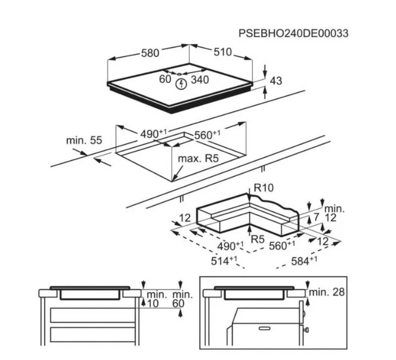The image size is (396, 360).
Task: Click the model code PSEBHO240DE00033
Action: pyautogui.click(x=294, y=33)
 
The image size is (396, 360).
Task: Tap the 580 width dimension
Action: pyautogui.click(x=150, y=53)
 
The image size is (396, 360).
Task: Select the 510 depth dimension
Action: pyautogui.click(x=222, y=52)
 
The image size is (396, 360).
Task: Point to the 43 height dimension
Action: pyautogui.click(x=276, y=81)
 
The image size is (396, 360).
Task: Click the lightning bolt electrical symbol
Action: pyautogui.click(x=181, y=84)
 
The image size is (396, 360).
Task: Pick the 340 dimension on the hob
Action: pyautogui.click(x=200, y=80)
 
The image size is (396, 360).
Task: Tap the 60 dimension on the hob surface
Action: pyautogui.click(x=165, y=79)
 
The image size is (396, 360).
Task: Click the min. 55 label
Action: pyautogui.click(x=84, y=140)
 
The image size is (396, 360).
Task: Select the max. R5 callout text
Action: pyautogui.click(x=198, y=159)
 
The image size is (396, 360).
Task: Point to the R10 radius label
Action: pyautogui.click(x=263, y=188)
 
